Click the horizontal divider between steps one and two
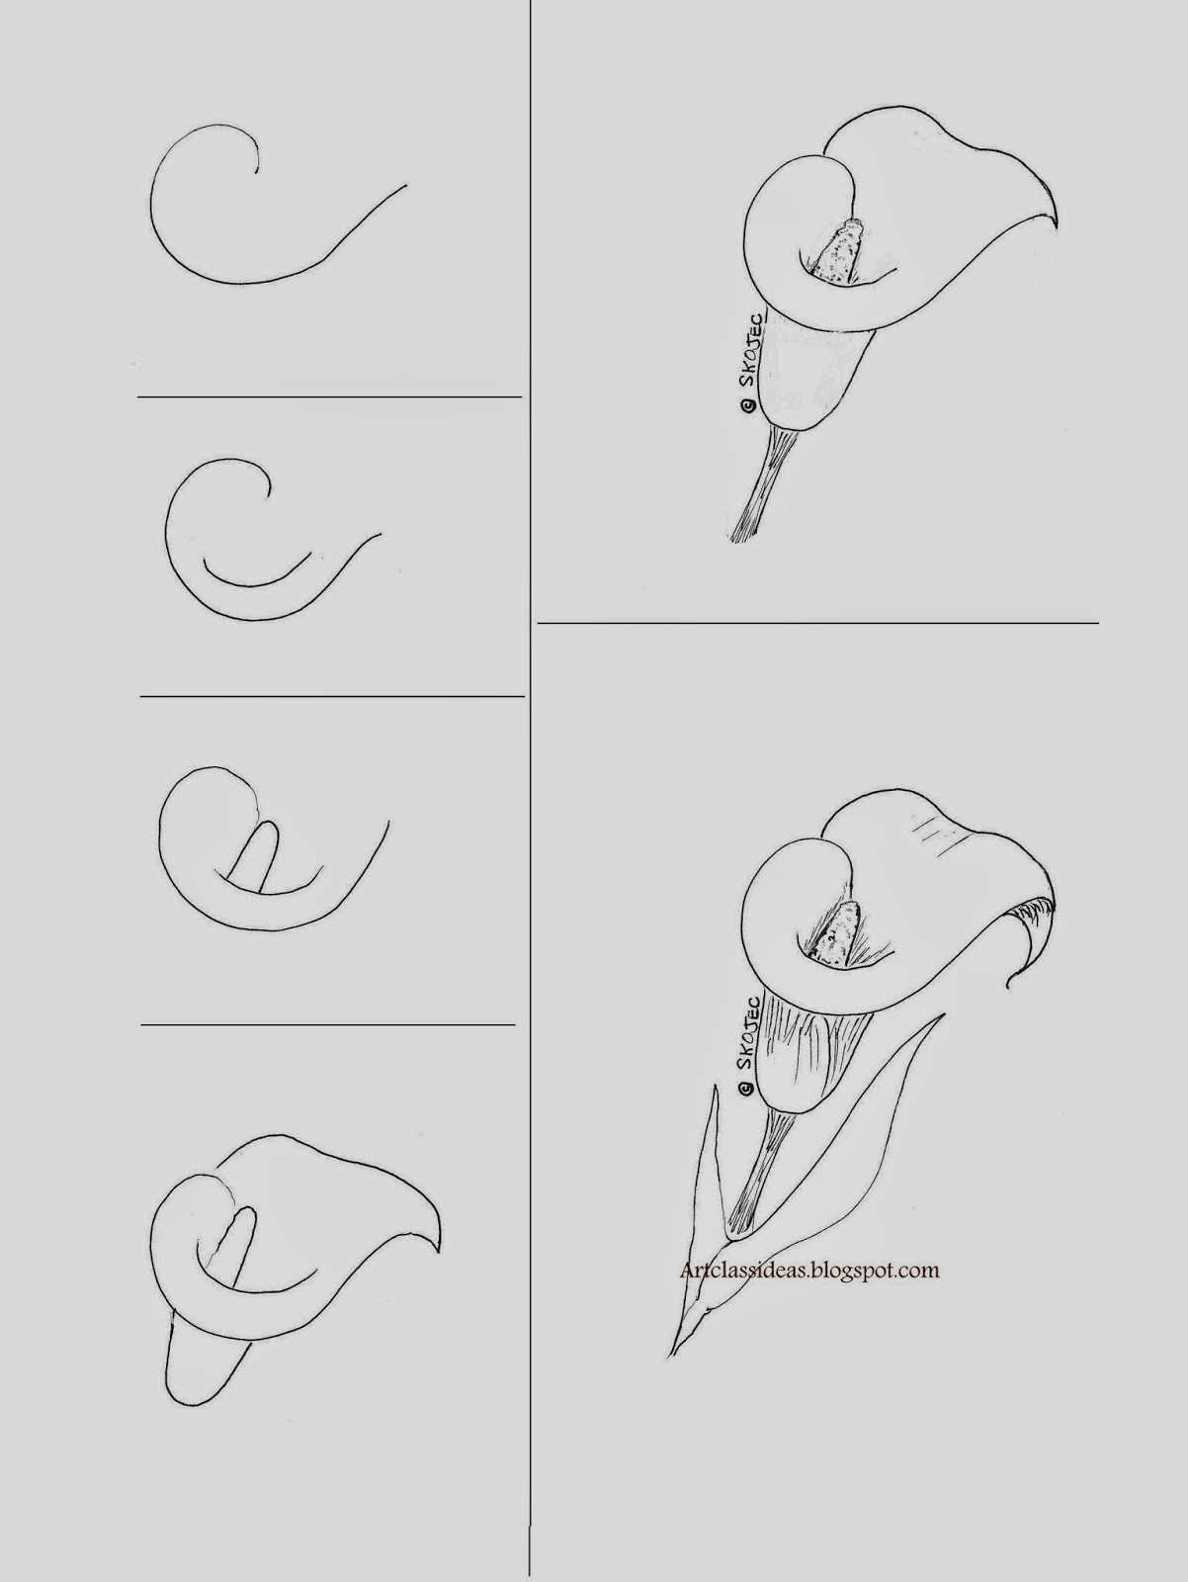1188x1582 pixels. pyautogui.click(x=329, y=397)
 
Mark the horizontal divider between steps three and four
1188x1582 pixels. pyautogui.click(x=329, y=1024)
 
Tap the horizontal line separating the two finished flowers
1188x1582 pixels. pyautogui.click(x=816, y=623)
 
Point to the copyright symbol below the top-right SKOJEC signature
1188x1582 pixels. pyautogui.click(x=748, y=405)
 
